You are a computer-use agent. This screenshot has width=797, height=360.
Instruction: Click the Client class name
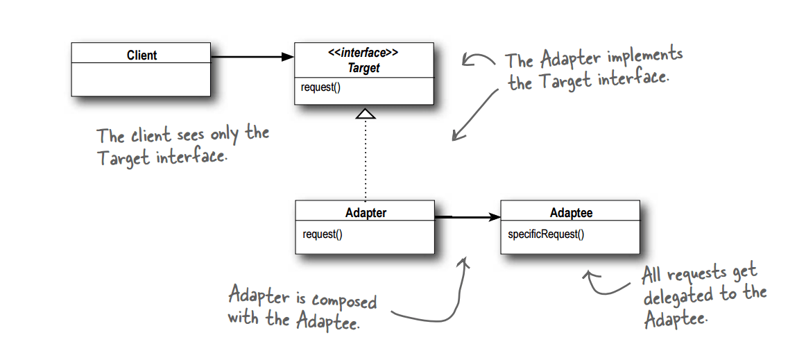click(x=142, y=55)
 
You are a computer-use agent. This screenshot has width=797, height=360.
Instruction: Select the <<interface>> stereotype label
click(x=363, y=53)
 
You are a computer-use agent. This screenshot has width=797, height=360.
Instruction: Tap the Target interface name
click(x=363, y=68)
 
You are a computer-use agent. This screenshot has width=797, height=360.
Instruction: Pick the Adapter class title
click(x=366, y=213)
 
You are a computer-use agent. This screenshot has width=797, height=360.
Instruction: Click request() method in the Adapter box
click(x=323, y=234)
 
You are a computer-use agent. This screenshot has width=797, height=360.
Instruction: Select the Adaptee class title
click(x=571, y=213)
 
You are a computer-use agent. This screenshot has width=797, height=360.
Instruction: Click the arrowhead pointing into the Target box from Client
click(x=288, y=58)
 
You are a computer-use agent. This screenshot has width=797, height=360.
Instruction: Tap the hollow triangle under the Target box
click(x=365, y=112)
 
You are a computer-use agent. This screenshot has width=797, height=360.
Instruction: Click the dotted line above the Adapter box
click(x=365, y=160)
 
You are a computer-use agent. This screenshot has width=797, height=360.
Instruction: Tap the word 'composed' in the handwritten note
click(x=344, y=300)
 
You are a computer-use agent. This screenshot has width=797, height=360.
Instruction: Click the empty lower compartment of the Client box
click(x=142, y=80)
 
